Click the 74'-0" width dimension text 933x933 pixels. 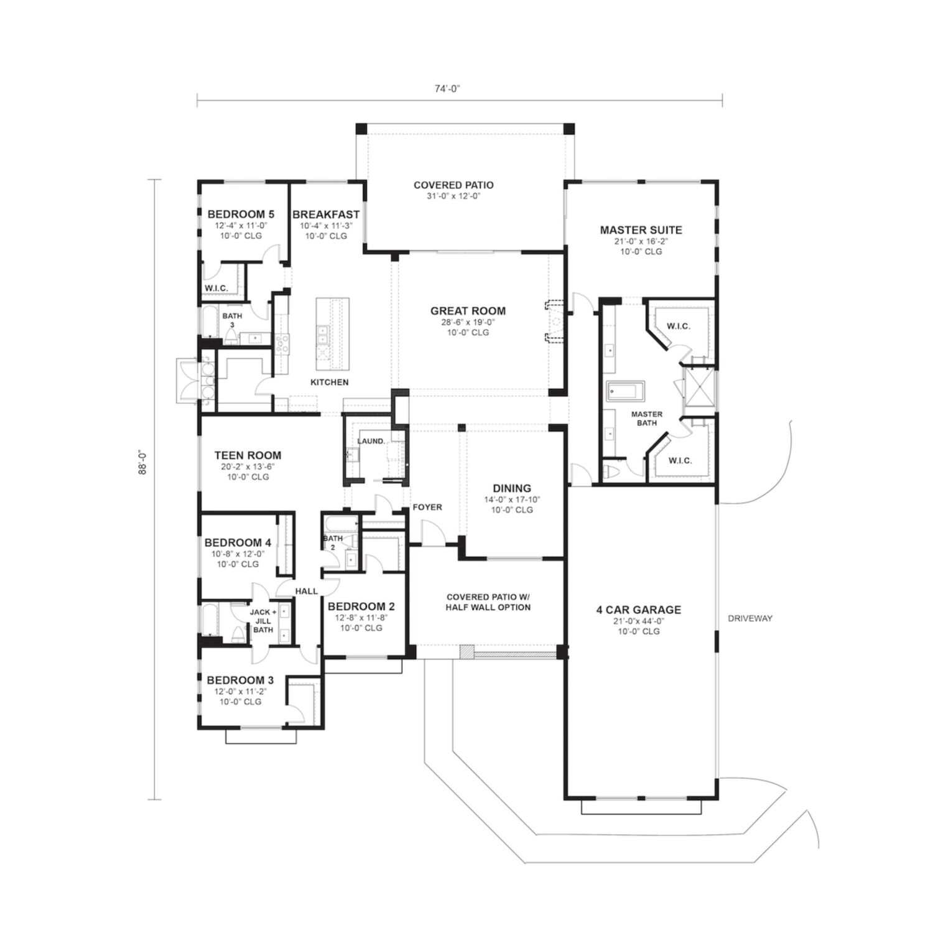[447, 88]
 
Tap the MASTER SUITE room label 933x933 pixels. [641, 230]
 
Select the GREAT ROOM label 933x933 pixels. [468, 311]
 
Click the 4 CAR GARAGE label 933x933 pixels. [639, 610]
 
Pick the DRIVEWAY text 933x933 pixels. [751, 618]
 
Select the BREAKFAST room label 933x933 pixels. [326, 215]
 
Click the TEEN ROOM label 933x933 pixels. [248, 455]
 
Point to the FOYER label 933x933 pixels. [427, 507]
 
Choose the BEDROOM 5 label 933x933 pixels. [241, 215]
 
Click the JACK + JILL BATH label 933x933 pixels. [263, 621]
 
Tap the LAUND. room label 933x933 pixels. [371, 441]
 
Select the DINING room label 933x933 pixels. [512, 488]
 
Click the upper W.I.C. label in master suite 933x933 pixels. [678, 326]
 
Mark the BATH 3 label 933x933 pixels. [232, 320]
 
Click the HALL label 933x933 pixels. [307, 591]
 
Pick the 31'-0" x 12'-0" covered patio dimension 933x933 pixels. [453, 196]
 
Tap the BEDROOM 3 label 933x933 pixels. [240, 680]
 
